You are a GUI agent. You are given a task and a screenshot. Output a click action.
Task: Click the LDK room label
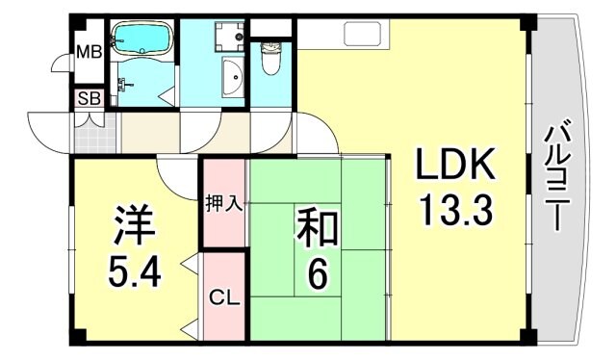[455, 167]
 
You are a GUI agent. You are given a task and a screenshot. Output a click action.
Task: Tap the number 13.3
[455, 208]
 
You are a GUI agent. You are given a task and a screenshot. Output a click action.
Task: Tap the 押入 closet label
[223, 204]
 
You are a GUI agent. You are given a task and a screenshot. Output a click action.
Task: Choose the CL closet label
[223, 298]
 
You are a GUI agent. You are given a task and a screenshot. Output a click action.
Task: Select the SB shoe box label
[89, 98]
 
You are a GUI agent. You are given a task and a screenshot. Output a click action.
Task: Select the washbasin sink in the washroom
[232, 77]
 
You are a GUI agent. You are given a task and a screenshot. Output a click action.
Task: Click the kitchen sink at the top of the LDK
[362, 36]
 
